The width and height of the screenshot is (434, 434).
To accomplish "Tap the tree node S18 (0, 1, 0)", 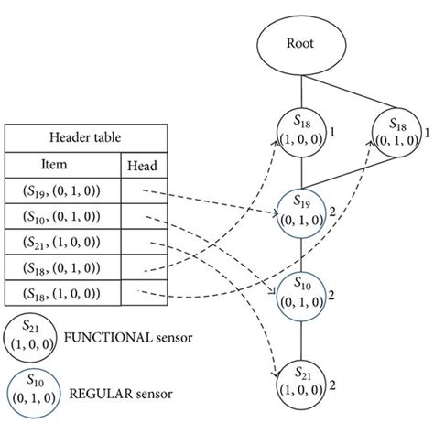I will coord(401,134).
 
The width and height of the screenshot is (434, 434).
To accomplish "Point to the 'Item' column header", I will coord(62,166).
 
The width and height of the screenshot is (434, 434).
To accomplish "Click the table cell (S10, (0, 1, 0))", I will coord(62,217).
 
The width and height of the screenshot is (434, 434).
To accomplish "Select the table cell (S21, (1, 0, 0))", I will coord(62,243).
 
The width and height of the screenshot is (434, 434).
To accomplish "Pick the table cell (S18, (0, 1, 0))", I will coord(62,267).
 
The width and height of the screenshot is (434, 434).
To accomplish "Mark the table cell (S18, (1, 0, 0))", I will coord(62,293).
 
